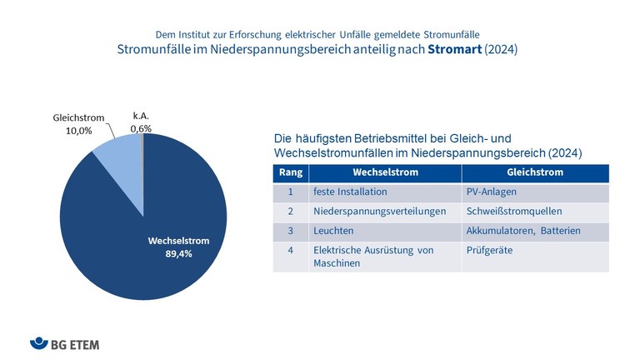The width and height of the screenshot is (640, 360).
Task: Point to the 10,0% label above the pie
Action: click(73, 131)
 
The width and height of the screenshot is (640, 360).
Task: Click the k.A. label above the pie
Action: click(142, 117)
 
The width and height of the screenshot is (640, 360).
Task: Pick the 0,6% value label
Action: click(142, 128)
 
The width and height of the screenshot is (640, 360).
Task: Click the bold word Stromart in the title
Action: click(457, 50)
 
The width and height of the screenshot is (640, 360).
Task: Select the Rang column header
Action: click(290, 172)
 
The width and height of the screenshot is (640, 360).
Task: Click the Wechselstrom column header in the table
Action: click(384, 172)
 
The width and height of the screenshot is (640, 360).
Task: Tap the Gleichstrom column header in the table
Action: click(535, 172)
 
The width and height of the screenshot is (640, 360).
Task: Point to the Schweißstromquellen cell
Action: click(514, 212)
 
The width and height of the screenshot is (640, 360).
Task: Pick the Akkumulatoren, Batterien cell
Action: click(523, 231)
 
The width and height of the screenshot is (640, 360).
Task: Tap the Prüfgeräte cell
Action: click(491, 250)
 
